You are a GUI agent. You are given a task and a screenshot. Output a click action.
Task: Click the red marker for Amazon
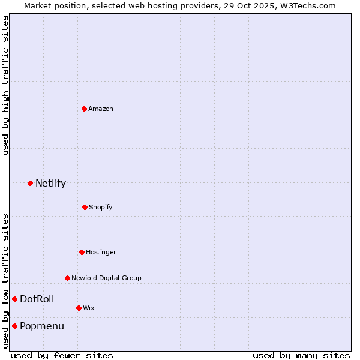pyautogui.click(x=84, y=109)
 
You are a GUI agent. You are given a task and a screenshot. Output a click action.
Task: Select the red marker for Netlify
pyautogui.click(x=30, y=183)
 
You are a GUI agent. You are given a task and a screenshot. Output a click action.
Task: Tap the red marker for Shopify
pyautogui.click(x=85, y=207)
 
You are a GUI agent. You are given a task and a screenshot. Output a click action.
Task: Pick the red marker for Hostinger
pyautogui.click(x=82, y=252)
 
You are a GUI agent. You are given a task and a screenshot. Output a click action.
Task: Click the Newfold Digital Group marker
pyautogui.click(x=67, y=278)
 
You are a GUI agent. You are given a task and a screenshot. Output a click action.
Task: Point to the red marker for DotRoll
pyautogui.click(x=14, y=299)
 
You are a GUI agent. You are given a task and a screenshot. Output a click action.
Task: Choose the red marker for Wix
pyautogui.click(x=79, y=308)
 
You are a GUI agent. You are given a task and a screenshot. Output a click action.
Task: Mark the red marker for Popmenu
pyautogui.click(x=14, y=326)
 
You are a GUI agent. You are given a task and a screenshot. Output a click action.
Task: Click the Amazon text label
pyautogui.click(x=101, y=109)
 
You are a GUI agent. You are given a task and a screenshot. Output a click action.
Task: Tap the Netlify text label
pyautogui.click(x=50, y=183)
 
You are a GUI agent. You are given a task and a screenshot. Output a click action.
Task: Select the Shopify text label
pyautogui.click(x=101, y=207)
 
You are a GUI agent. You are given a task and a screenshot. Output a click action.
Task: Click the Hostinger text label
pyautogui.click(x=101, y=252)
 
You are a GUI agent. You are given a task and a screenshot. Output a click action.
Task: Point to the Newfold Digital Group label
pyautogui.click(x=106, y=278)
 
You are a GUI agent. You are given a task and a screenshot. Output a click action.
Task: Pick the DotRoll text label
pyautogui.click(x=37, y=299)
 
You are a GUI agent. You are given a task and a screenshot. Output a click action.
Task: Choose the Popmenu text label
pyautogui.click(x=41, y=326)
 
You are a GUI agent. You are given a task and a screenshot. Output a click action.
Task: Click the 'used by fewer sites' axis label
pyautogui.click(x=62, y=355)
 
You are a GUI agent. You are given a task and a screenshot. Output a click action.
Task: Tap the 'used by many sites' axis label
pyautogui.click(x=301, y=355)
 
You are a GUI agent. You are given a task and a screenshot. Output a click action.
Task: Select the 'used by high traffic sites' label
pyautogui.click(x=5, y=85)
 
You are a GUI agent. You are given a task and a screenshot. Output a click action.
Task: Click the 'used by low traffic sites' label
pyautogui.click(x=5, y=281)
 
